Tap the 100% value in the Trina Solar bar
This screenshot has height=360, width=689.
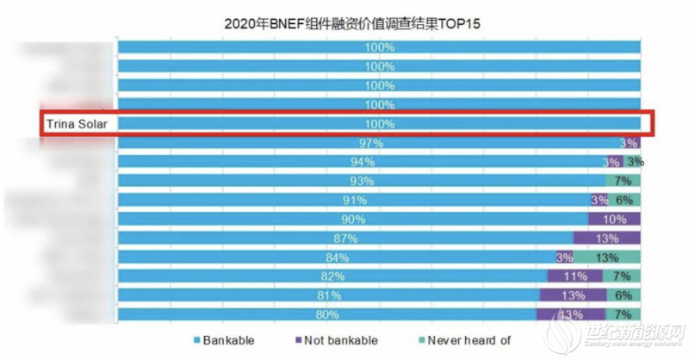[379, 124]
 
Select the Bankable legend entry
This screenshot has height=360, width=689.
[224, 340]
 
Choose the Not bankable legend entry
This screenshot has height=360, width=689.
[337, 340]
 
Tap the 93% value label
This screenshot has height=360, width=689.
[362, 181]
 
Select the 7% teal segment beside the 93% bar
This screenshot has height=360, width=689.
[623, 181]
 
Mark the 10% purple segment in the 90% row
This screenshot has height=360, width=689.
[615, 219]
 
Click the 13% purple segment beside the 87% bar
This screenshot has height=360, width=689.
[607, 238]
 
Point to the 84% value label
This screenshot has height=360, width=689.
[338, 257]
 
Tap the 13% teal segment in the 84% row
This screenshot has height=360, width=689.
[607, 257]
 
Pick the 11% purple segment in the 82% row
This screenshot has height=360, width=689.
[576, 276]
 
